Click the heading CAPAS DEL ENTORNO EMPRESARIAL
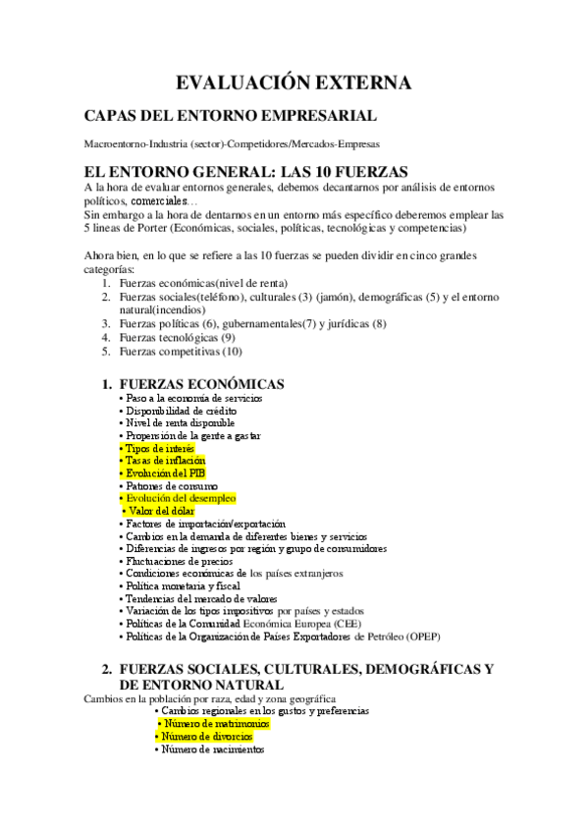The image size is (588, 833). click(231, 116)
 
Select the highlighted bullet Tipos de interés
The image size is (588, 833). click(161, 448)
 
